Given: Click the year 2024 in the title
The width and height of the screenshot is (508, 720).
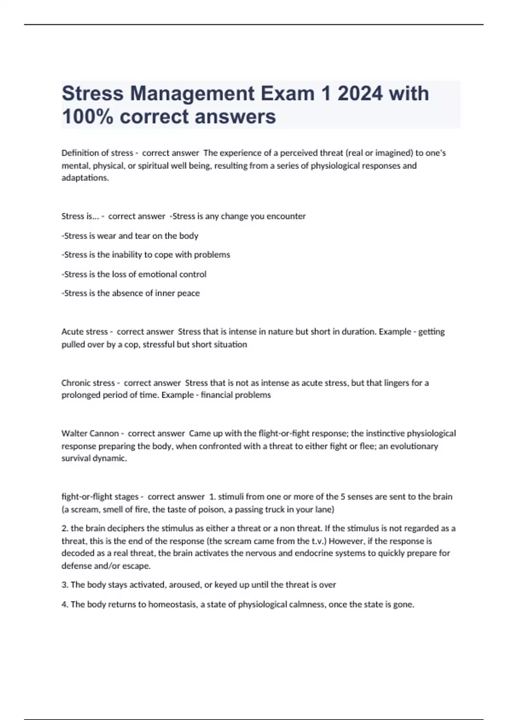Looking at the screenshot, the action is [360, 94].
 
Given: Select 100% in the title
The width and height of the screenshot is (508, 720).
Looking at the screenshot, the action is [87, 116].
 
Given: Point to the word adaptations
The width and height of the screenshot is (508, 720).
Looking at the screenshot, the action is [85, 178].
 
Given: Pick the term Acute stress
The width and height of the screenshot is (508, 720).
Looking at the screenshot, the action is [84, 332].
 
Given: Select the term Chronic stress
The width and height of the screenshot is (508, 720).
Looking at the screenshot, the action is [88, 383].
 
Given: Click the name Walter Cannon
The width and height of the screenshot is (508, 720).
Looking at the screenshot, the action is [90, 433].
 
